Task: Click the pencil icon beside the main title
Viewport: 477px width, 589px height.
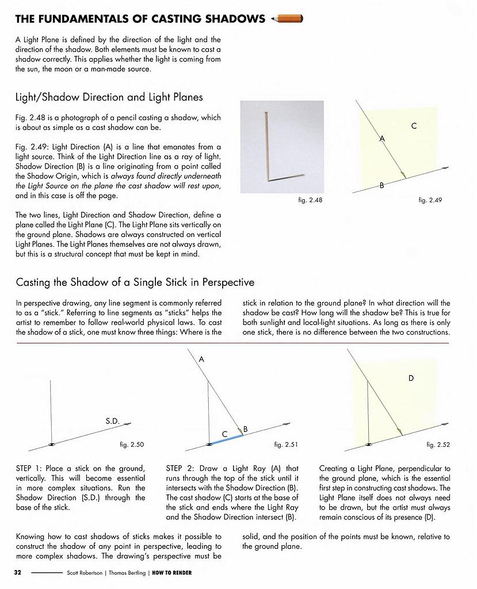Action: point(290,19)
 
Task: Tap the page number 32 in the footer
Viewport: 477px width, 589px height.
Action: point(18,572)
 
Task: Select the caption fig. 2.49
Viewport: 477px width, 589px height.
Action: point(430,200)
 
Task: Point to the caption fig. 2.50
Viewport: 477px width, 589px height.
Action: point(132,445)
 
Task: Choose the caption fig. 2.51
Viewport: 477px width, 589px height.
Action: point(287,445)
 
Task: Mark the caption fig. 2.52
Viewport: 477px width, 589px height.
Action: point(438,445)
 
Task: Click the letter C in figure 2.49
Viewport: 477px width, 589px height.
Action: point(414,125)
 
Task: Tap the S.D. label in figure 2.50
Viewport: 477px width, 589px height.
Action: point(112,421)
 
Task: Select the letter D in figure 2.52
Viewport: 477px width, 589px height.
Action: point(411,378)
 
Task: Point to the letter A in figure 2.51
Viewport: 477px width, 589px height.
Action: point(201,359)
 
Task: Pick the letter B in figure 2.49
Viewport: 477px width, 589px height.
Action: point(381,185)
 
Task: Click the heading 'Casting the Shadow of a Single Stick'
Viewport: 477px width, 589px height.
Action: point(135,282)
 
